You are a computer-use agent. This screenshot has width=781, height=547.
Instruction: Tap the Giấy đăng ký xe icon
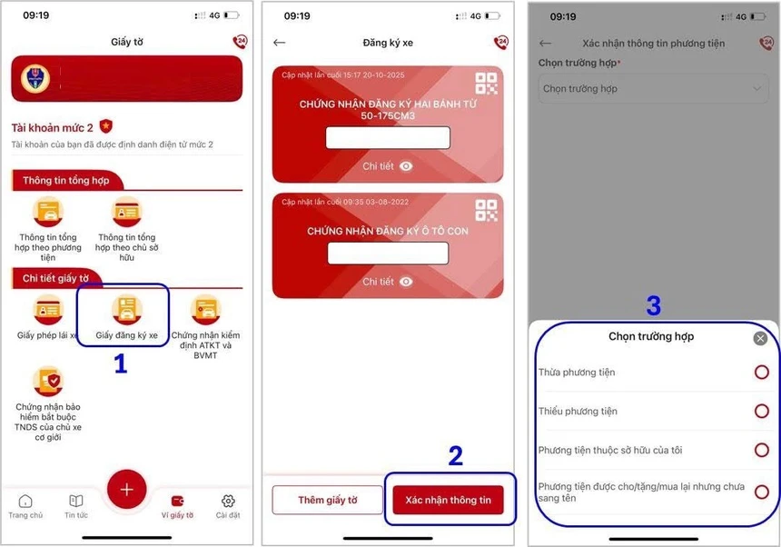(127, 309)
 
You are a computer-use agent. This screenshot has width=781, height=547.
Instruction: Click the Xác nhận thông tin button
(448, 500)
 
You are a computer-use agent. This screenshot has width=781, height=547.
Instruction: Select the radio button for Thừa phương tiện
(762, 373)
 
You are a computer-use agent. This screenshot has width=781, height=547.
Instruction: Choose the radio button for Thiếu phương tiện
(762, 411)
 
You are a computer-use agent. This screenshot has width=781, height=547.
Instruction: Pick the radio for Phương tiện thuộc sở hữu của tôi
(762, 450)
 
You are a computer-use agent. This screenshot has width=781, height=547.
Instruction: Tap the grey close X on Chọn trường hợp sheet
(760, 339)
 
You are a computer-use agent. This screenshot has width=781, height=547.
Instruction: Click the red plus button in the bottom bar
(126, 489)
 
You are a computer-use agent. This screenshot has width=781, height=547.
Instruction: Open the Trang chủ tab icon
(25, 501)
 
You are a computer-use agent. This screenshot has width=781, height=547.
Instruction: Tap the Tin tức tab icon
(76, 501)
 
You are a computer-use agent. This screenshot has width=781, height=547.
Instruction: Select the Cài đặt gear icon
(228, 501)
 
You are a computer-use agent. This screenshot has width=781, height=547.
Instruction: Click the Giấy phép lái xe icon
(48, 309)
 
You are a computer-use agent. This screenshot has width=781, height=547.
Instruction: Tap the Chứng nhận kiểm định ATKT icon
(206, 309)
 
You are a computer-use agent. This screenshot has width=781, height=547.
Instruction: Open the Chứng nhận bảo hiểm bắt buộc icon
(48, 381)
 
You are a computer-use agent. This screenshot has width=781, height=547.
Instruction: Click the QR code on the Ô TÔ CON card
(486, 210)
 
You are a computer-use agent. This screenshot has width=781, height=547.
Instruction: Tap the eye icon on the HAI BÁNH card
(406, 166)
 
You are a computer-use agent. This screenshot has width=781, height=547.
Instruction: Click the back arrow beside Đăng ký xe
(280, 43)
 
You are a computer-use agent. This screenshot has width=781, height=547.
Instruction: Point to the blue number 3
(654, 305)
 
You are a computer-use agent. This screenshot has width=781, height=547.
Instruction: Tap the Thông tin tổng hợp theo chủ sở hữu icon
(127, 212)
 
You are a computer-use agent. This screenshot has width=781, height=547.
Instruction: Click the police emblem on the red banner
(35, 78)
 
